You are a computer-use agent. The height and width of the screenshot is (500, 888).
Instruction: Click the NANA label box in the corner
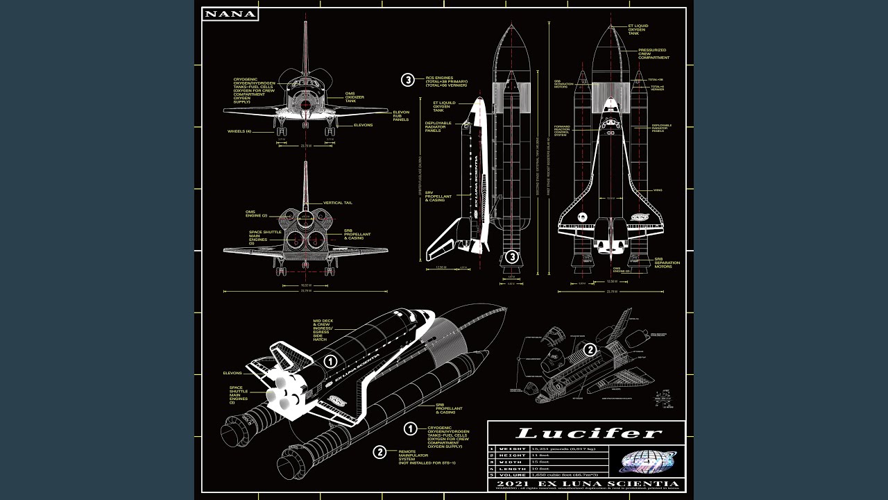230,14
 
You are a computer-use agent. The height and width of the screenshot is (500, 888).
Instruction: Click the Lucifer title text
586,434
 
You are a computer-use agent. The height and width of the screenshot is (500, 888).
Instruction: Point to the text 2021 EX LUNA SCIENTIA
586,483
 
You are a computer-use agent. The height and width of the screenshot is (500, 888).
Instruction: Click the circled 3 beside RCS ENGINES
408,80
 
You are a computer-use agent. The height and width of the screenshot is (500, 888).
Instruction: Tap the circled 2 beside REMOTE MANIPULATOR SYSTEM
379,452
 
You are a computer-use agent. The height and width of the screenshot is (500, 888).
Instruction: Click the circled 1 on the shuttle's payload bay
330,361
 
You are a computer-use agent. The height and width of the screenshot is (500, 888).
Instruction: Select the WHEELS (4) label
239,131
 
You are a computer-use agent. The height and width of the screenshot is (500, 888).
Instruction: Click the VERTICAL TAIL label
339,203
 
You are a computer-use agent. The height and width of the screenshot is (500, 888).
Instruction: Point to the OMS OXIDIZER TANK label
355,97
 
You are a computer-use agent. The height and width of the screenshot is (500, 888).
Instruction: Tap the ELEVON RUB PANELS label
401,116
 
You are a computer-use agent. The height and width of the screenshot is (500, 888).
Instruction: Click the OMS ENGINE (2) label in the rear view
256,213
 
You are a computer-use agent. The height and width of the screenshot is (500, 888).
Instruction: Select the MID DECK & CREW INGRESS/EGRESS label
323,330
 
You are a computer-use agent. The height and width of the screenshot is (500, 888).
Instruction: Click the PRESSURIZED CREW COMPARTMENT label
653,54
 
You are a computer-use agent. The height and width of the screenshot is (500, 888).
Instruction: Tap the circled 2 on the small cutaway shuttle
590,349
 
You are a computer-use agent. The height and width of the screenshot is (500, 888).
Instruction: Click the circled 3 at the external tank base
512,257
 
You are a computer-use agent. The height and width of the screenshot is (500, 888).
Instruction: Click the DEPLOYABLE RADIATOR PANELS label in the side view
438,126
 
